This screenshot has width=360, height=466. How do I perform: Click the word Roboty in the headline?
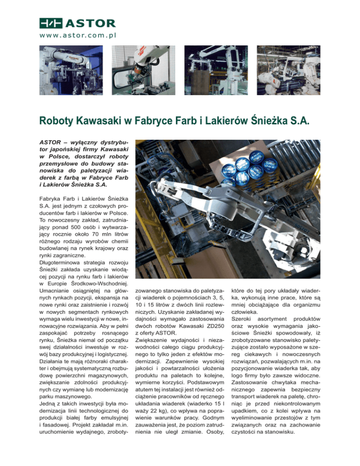coord(55,121)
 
